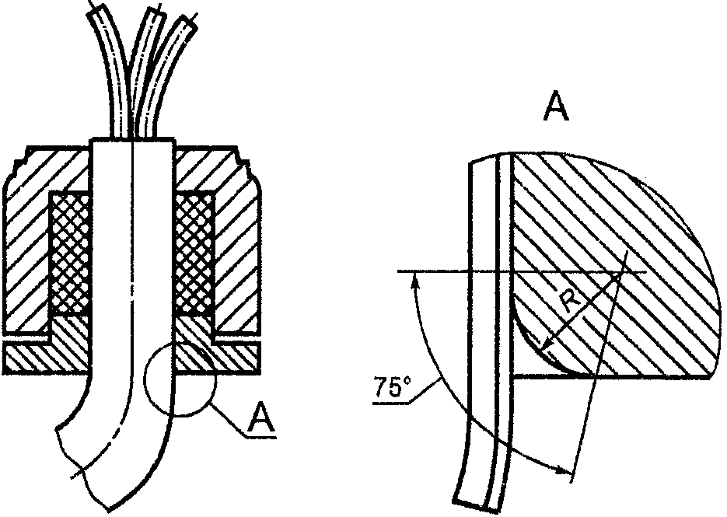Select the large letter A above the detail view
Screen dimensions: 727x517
[556, 107]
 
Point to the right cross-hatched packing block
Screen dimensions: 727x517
[194, 253]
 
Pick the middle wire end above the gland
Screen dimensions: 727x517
[155, 13]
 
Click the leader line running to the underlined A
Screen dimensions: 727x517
[228, 421]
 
